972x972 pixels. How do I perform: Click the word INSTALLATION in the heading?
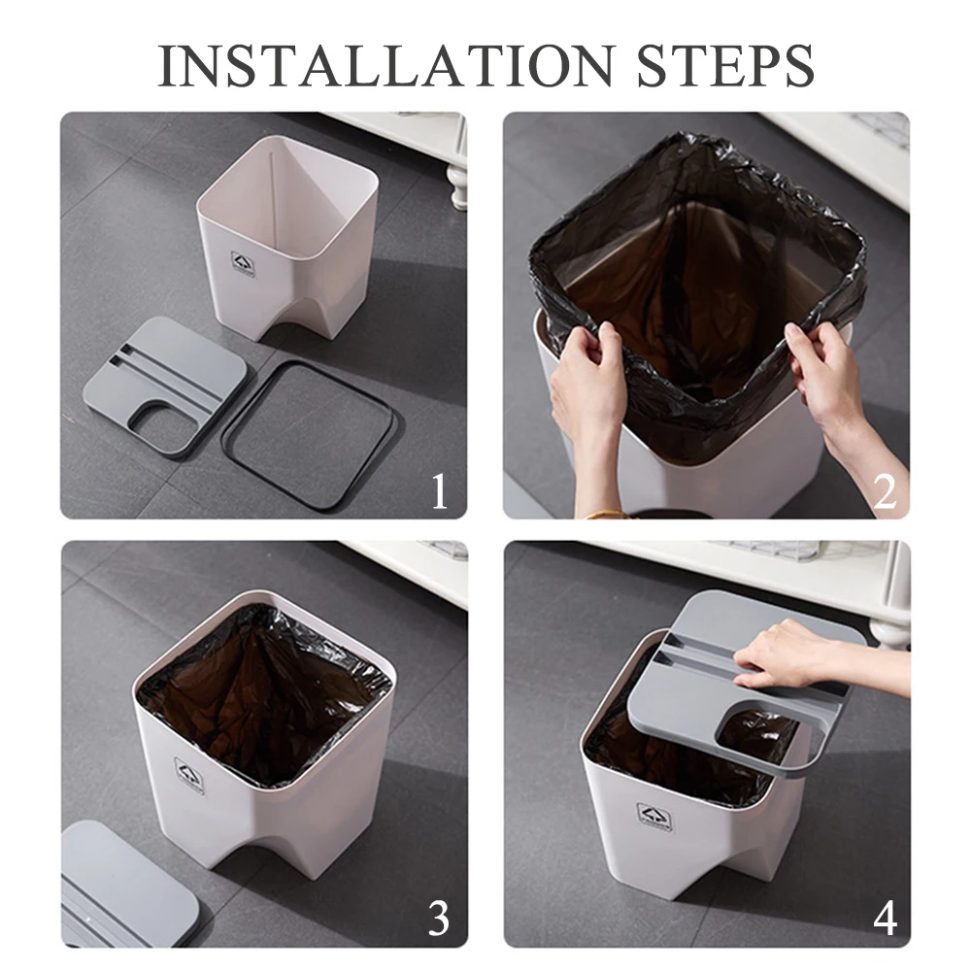click(x=385, y=66)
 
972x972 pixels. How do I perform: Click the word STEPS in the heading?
click(x=725, y=66)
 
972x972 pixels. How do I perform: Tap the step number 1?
click(x=440, y=491)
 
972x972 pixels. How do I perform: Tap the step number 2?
click(x=885, y=491)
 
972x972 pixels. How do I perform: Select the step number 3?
click(x=439, y=919)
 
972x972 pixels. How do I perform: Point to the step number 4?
click(x=886, y=919)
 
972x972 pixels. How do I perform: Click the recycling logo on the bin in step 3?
click(x=188, y=776)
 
